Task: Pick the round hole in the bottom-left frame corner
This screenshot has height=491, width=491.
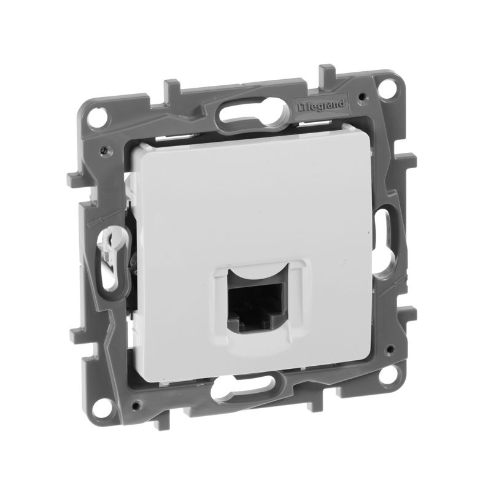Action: [x=103, y=406]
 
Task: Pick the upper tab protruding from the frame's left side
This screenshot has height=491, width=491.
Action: [x=74, y=179]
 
